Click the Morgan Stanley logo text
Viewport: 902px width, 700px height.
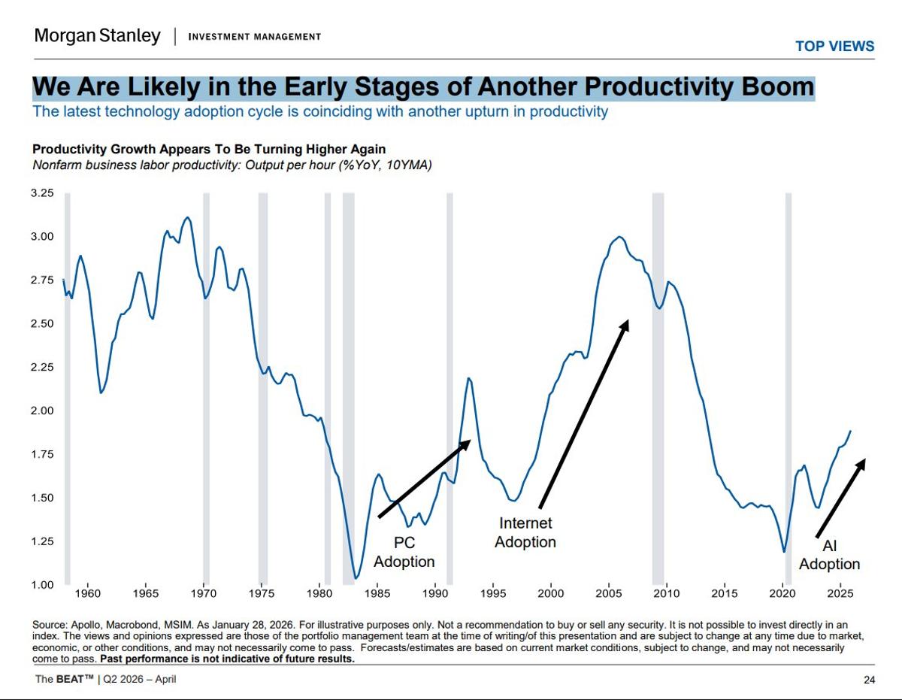click(97, 36)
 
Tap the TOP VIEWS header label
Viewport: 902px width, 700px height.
click(834, 47)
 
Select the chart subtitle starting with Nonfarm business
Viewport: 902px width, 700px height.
click(232, 165)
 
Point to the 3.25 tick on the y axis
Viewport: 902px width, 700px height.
click(43, 193)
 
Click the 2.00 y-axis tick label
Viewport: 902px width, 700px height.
click(43, 411)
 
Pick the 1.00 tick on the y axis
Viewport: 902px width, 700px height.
click(43, 585)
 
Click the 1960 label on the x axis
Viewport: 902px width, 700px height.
click(88, 594)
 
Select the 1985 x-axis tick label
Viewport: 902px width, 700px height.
click(378, 594)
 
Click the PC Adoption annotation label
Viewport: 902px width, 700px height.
click(404, 553)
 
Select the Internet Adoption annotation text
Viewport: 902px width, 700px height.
click(525, 532)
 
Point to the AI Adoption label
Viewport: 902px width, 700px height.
click(829, 555)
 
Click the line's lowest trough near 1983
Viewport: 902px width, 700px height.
click(356, 577)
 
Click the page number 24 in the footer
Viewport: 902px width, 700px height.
click(869, 680)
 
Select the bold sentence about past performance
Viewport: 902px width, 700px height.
click(226, 659)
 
